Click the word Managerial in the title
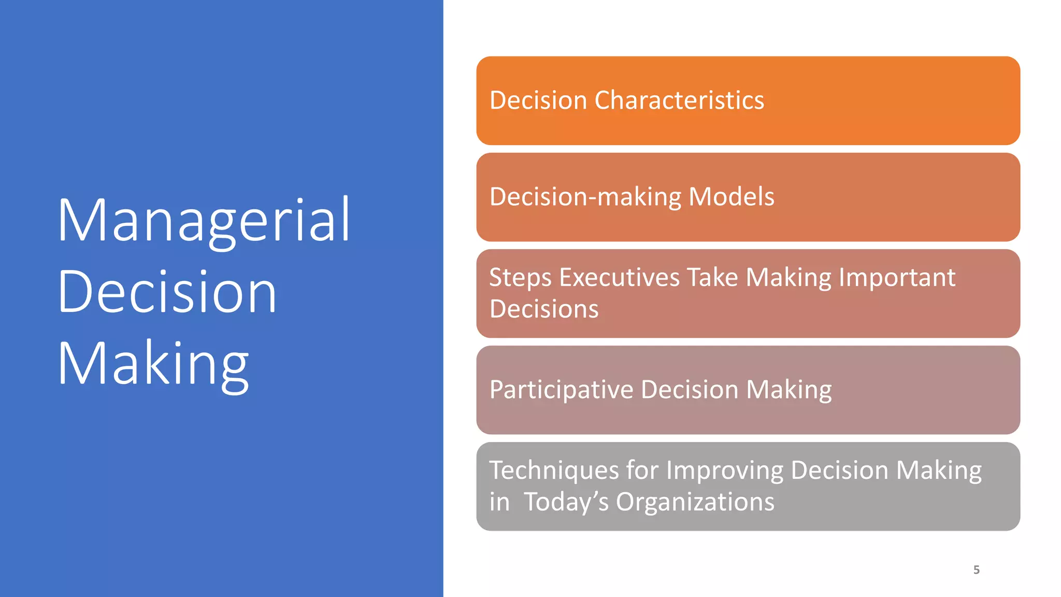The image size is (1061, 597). click(x=204, y=220)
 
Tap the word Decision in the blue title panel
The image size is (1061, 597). click(x=167, y=292)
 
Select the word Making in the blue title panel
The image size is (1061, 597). click(x=153, y=364)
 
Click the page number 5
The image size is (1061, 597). click(x=976, y=570)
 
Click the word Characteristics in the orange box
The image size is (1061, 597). click(x=679, y=101)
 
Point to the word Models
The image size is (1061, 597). click(x=731, y=197)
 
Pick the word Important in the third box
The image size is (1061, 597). click(x=897, y=278)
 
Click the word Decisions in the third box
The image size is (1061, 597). click(x=544, y=309)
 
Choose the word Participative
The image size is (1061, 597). click(x=561, y=390)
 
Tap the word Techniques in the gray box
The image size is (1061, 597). click(x=554, y=471)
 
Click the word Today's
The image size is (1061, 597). click(x=566, y=502)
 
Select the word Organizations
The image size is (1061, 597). click(x=695, y=502)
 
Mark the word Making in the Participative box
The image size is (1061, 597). click(x=788, y=390)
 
